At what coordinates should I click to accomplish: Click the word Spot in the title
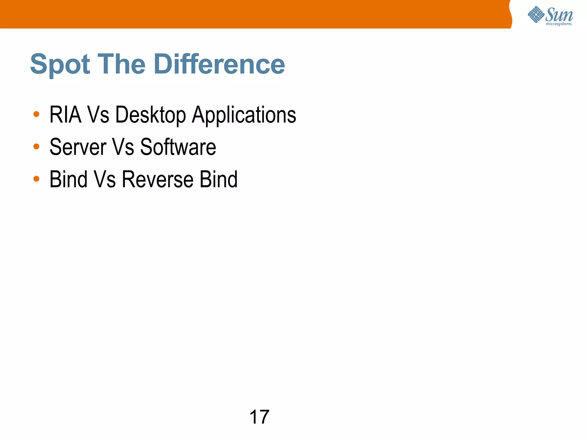(x=60, y=64)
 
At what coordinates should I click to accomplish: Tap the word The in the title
(x=122, y=64)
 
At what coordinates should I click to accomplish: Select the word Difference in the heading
(x=219, y=64)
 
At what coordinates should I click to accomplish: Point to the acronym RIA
(x=65, y=115)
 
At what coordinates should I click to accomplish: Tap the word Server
(x=78, y=147)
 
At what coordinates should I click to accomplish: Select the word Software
(x=178, y=147)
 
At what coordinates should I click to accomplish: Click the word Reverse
(x=158, y=179)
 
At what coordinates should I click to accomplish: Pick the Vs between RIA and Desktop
(x=98, y=115)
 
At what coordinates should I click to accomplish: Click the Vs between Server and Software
(x=123, y=147)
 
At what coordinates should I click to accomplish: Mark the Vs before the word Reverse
(x=105, y=179)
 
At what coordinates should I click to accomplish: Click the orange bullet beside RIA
(x=36, y=114)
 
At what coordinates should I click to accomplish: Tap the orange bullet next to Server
(x=36, y=146)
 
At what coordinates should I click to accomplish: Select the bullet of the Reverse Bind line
(x=36, y=179)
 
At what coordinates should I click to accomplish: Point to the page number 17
(x=259, y=417)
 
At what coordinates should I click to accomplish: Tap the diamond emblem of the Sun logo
(x=536, y=15)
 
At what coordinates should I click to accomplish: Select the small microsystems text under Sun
(x=559, y=24)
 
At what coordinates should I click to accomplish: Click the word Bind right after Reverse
(x=218, y=179)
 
